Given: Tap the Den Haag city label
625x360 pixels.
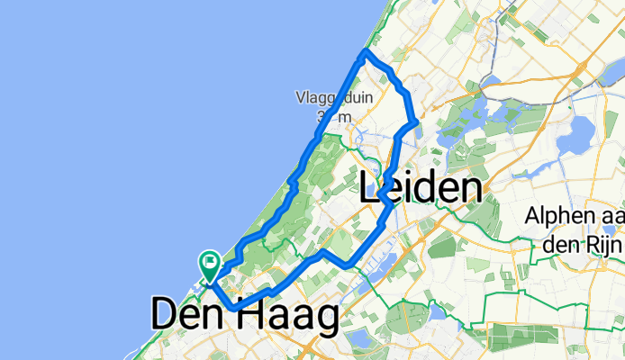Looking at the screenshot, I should (245, 316).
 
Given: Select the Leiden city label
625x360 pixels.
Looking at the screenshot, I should (419, 189).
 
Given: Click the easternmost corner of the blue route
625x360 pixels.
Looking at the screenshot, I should (414, 121).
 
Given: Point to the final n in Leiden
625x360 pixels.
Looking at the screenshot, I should (467, 189).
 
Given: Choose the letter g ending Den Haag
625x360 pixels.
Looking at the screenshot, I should (324, 319).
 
